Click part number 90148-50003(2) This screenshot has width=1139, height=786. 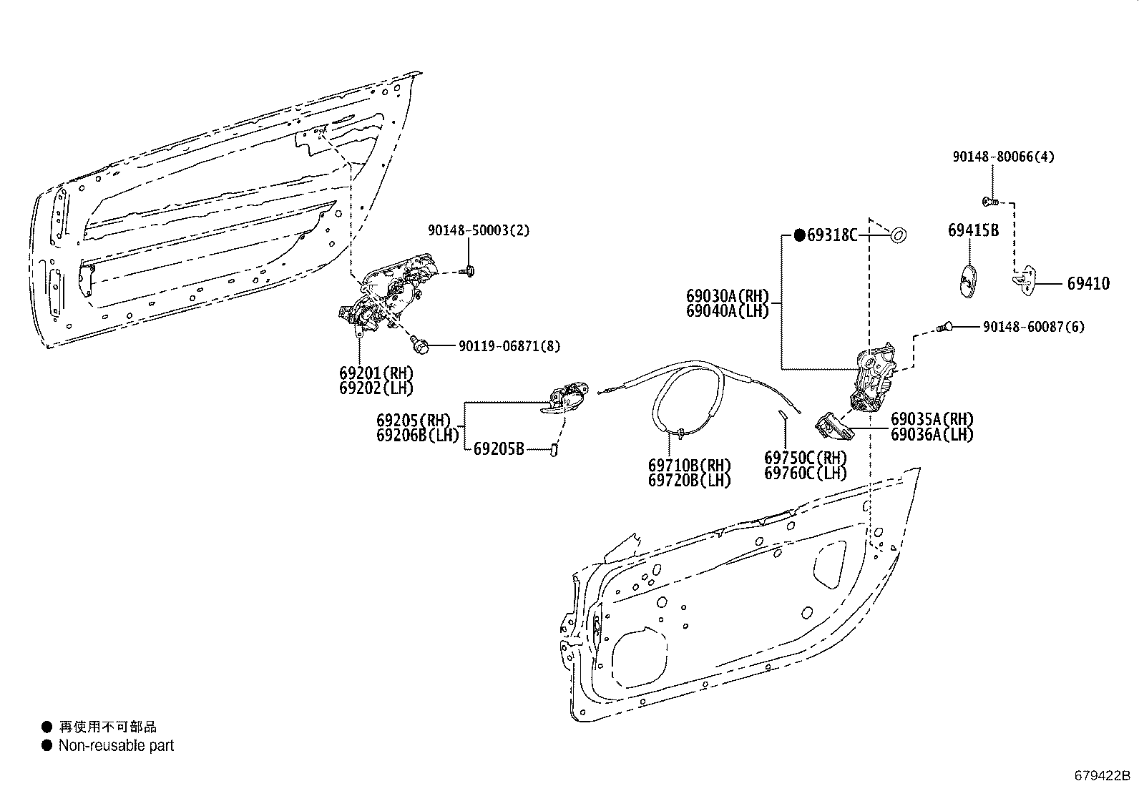pyautogui.click(x=479, y=231)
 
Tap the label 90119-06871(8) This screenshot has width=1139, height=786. pyautogui.click(x=509, y=346)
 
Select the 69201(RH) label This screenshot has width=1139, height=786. pyautogui.click(x=376, y=373)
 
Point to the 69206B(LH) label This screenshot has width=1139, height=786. pyautogui.click(x=417, y=436)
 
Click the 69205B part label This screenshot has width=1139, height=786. pyautogui.click(x=499, y=449)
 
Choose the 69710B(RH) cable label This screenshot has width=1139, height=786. pyautogui.click(x=690, y=465)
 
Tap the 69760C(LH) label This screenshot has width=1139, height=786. pyautogui.click(x=806, y=473)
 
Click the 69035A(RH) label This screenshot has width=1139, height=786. pyautogui.click(x=932, y=419)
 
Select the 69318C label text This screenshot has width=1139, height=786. pyautogui.click(x=832, y=235)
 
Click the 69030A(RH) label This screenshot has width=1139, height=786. pyautogui.click(x=728, y=296)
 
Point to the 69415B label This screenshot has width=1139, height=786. pyautogui.click(x=973, y=230)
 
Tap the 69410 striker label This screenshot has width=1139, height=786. pyautogui.click(x=1088, y=284)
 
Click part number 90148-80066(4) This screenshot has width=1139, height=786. pyautogui.click(x=1003, y=157)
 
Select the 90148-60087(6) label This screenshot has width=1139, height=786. pyautogui.click(x=1034, y=327)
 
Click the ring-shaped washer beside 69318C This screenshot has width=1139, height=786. pyautogui.click(x=899, y=235)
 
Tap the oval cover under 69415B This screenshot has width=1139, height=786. pyautogui.click(x=968, y=280)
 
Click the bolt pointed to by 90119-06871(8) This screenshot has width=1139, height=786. pyautogui.click(x=419, y=345)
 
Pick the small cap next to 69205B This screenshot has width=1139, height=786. pyautogui.click(x=554, y=450)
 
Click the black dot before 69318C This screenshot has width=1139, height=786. pyautogui.click(x=800, y=235)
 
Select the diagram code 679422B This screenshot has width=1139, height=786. pyautogui.click(x=1102, y=775)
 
